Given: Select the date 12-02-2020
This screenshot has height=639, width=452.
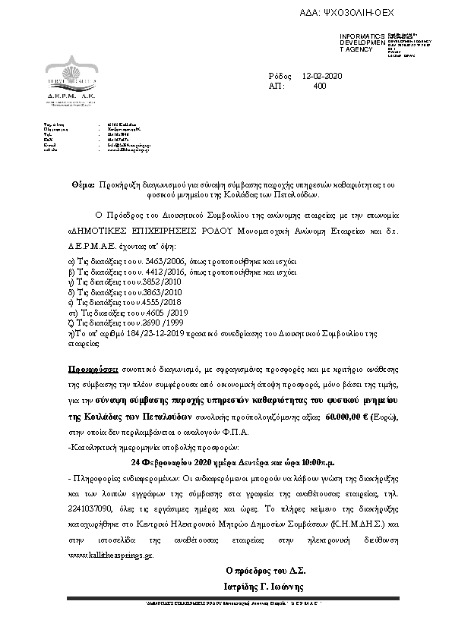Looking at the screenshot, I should point(322,76).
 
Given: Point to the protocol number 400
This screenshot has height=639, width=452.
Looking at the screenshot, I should point(319,87).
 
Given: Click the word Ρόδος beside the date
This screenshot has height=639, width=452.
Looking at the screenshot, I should point(280,76).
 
